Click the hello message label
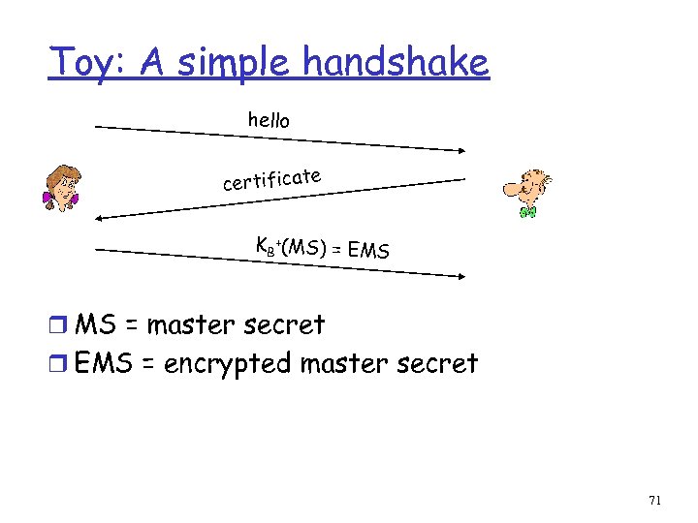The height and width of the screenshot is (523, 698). coord(269,120)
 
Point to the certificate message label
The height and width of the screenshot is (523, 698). coord(271,179)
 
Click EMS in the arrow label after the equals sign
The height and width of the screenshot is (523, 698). coord(369,252)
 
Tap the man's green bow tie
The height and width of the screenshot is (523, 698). coord(527,210)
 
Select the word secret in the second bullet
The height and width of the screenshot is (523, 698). coord(434,364)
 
